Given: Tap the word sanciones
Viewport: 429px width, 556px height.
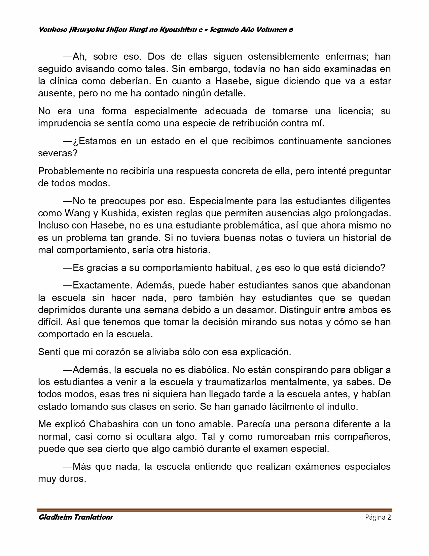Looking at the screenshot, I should tap(368, 141).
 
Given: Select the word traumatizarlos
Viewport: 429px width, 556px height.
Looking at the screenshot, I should tap(236, 382).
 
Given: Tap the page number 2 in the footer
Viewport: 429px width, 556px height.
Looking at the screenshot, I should tap(389, 517).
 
